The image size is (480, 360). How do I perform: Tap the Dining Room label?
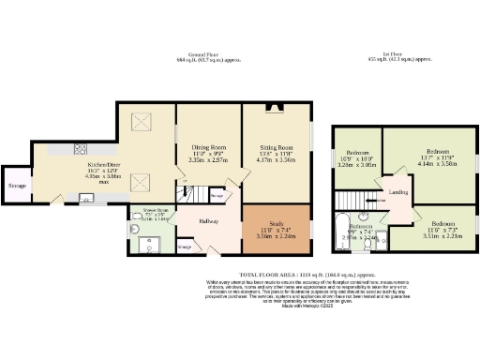(x=208, y=148)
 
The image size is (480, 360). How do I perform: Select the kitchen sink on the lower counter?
(x=85, y=197)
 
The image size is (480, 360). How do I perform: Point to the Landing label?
(x=397, y=194)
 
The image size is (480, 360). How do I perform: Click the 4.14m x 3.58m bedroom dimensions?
(x=437, y=163)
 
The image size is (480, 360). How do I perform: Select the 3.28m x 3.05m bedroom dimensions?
(x=358, y=163)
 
